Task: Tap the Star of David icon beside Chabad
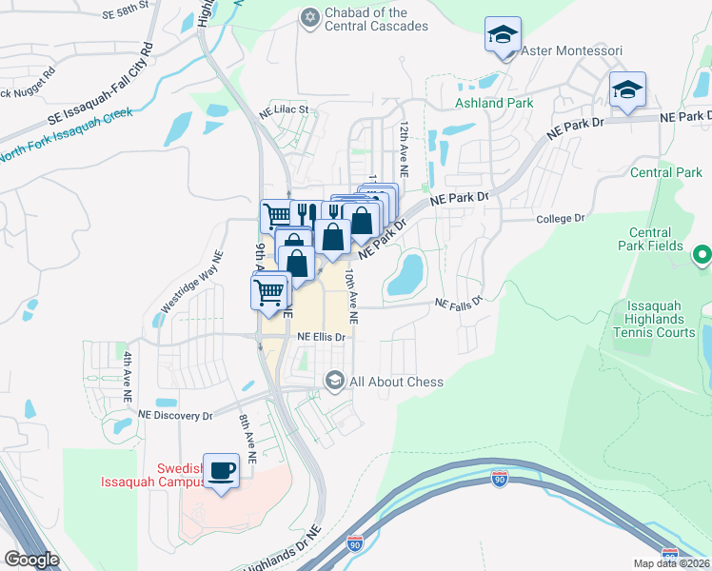point(309,17)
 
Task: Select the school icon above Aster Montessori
point(501,36)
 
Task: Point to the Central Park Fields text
point(657,239)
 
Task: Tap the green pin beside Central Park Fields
point(702,254)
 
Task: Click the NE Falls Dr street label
point(459,303)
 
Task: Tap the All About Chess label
point(396,382)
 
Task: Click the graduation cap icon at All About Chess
point(334,381)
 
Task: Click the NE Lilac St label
point(285,109)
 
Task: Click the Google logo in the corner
point(31,559)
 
